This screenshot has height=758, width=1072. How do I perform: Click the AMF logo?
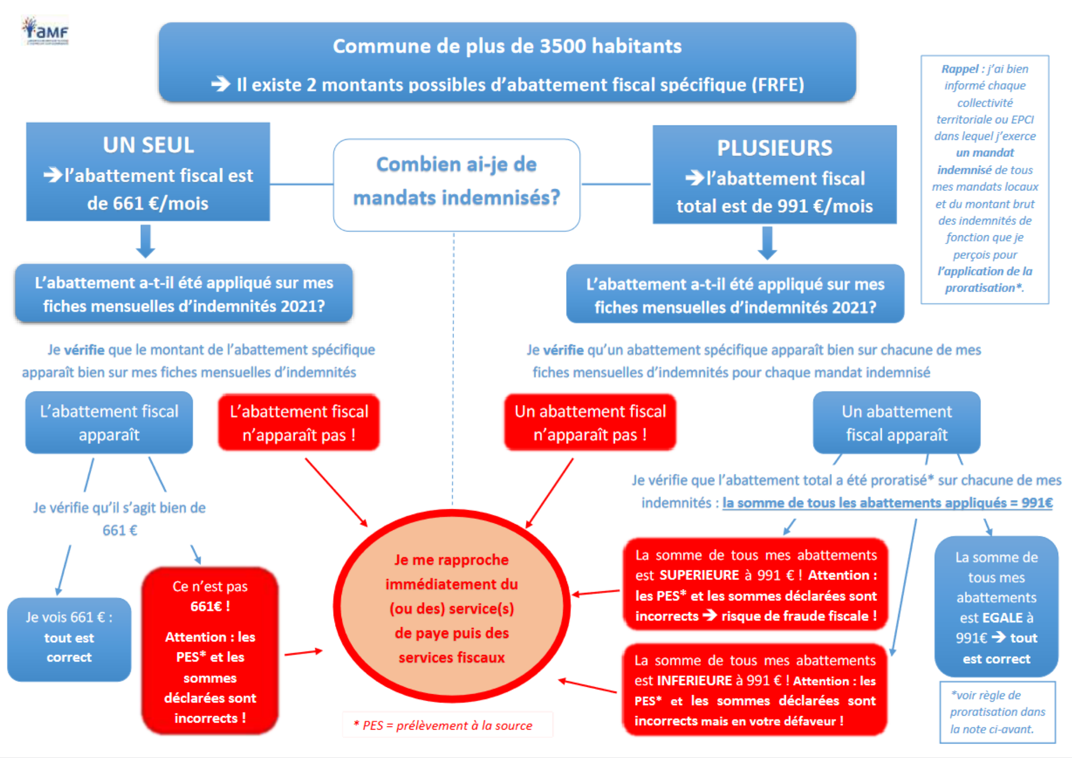pos(46,31)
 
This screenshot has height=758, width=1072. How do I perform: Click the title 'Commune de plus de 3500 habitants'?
pos(507,47)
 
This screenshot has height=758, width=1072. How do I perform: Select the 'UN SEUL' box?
pos(148,172)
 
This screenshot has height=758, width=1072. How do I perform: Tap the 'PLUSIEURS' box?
pos(774,175)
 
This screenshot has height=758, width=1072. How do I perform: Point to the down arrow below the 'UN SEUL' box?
pos(145,241)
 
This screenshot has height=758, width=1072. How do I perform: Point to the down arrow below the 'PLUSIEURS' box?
pos(767,243)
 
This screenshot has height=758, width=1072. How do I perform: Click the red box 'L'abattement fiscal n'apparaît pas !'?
pos(299,422)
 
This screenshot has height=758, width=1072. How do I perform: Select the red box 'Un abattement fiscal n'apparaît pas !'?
pos(590,422)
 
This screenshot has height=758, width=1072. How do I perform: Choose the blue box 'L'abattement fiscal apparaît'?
pos(109,422)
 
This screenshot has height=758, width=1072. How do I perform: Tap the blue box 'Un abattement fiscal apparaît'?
pos(896,422)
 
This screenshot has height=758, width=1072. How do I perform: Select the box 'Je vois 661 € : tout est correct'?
pos(69,638)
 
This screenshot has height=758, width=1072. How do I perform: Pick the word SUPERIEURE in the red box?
pos(699,575)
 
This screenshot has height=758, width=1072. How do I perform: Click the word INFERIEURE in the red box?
pos(694,681)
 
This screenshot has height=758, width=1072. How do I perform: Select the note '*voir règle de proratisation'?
pos(997,712)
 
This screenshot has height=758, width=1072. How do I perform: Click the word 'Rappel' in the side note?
pos(959,69)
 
